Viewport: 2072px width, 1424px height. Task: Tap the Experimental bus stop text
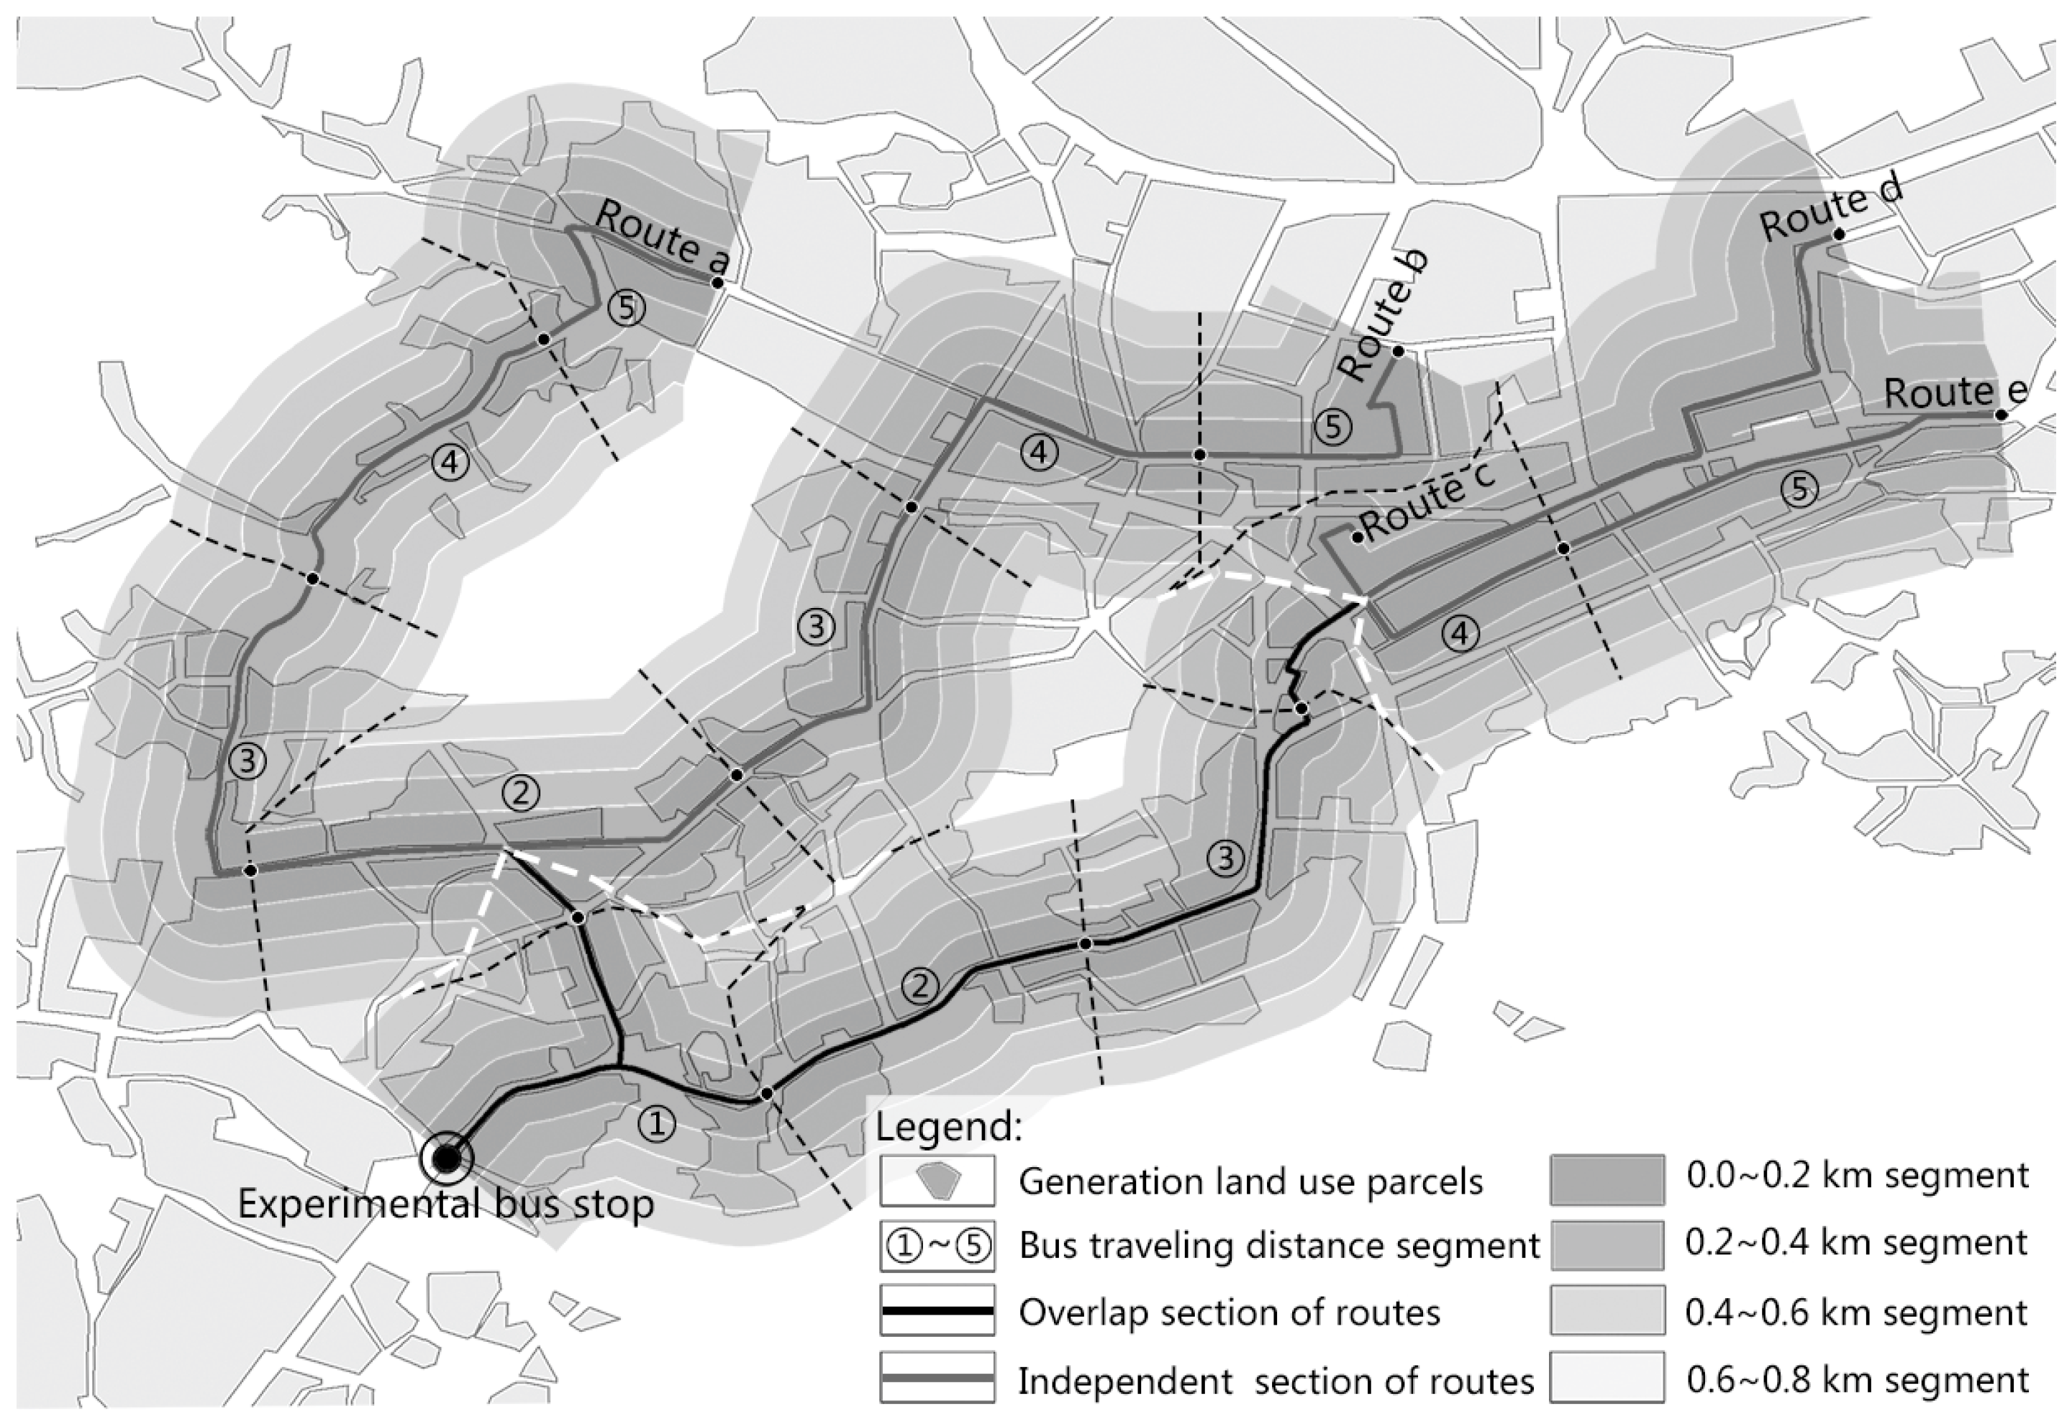click(446, 1205)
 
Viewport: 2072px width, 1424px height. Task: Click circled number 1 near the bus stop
click(658, 1125)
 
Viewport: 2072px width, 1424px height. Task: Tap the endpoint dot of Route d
click(1838, 234)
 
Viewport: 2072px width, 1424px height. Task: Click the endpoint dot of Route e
click(2001, 415)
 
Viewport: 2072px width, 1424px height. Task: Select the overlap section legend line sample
click(937, 1311)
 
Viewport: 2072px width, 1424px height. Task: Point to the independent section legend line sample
click(937, 1379)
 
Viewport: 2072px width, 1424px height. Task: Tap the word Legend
click(948, 1127)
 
